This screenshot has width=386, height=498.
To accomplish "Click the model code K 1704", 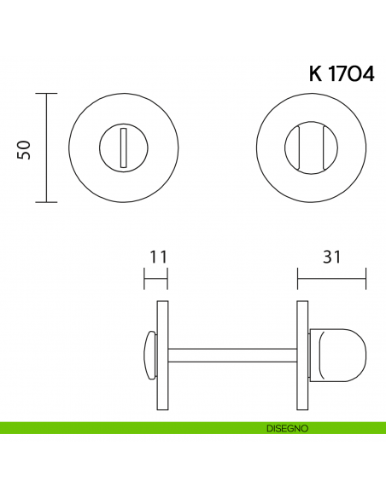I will (341, 73).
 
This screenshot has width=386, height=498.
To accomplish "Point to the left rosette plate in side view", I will (162, 351).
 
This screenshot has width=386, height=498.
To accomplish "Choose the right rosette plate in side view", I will (301, 351).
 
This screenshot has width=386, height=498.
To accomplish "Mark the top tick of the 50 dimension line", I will (46, 93).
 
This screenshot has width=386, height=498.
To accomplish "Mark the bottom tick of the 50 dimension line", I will (46, 202).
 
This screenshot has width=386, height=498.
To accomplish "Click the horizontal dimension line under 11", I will (155, 278).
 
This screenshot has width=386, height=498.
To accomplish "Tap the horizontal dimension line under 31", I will (331, 278).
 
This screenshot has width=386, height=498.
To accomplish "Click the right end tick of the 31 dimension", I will (366, 278).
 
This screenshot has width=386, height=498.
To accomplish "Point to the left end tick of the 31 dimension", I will (297, 278).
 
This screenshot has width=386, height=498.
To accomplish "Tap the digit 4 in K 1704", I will (367, 73).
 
